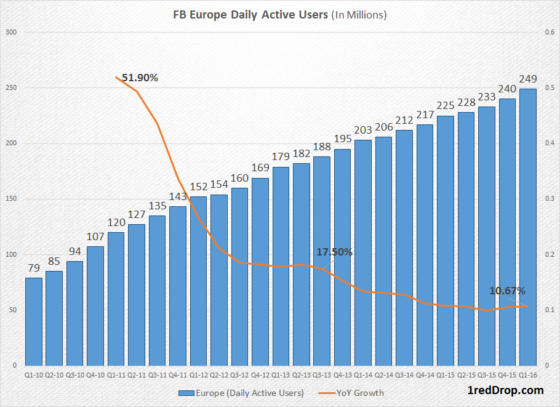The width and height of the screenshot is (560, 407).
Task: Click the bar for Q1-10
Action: click(34, 321)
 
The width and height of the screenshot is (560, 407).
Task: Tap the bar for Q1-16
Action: click(527, 227)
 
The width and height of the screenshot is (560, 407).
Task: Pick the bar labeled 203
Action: click(363, 252)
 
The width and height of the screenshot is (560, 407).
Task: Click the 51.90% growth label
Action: click(140, 78)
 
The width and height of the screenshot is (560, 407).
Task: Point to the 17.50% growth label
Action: click(335, 252)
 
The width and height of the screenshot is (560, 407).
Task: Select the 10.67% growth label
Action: click(508, 291)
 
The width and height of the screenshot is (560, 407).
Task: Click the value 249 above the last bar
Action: click(527, 79)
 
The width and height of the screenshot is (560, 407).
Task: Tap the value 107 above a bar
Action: click(95, 237)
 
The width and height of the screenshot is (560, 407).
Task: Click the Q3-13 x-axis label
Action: click(322, 374)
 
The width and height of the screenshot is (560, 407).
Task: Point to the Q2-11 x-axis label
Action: click(137, 374)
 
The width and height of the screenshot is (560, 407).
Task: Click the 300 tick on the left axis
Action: click(11, 33)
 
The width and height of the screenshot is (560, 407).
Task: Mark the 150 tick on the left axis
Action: click(11, 199)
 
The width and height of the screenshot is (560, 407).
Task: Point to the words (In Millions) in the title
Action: click(358, 14)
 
